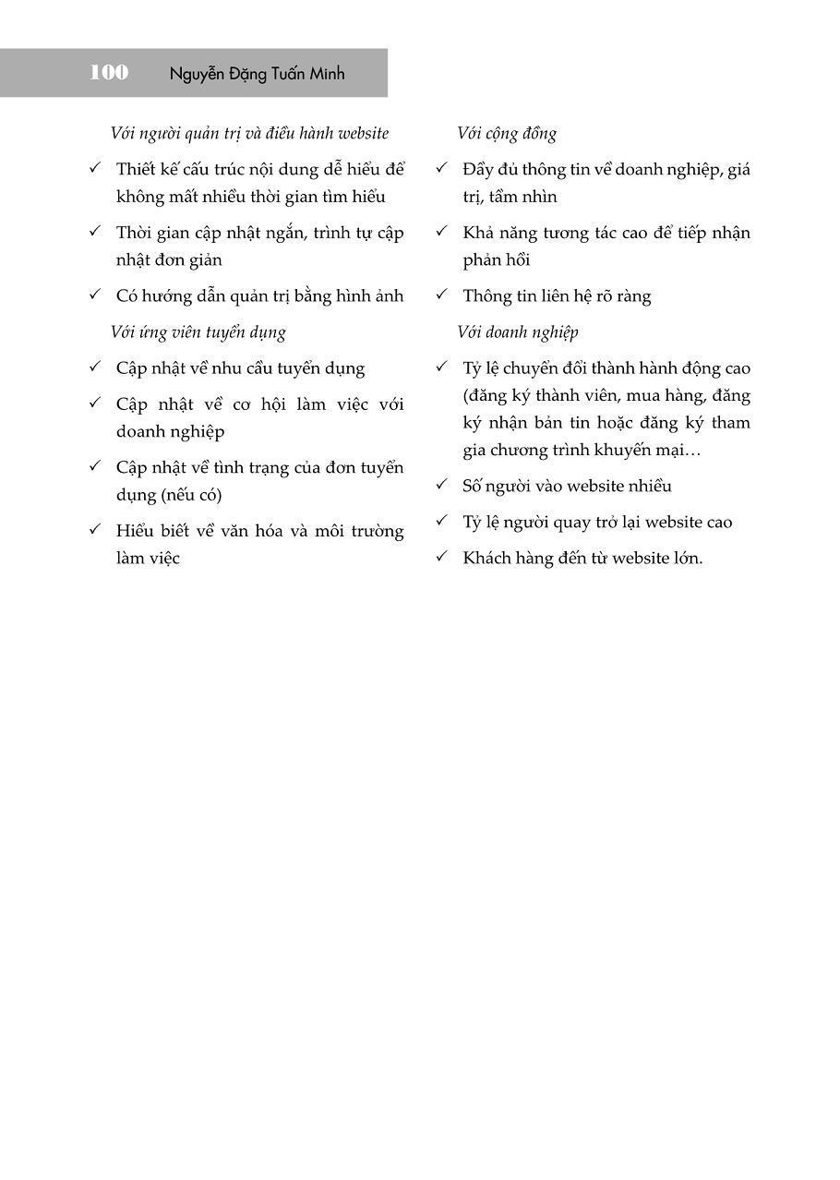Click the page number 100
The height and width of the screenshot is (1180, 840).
109,73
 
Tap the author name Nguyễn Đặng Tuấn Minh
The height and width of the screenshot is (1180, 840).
257,74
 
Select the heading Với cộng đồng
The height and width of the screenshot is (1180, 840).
507,134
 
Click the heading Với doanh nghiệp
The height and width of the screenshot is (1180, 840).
518,332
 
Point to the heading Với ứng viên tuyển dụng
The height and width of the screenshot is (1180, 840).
198,332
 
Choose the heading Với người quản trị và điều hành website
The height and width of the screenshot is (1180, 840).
249,134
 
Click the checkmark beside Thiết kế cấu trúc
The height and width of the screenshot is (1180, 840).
94,168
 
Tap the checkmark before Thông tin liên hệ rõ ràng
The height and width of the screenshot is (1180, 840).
441,295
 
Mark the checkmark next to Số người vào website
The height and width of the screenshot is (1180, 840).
441,485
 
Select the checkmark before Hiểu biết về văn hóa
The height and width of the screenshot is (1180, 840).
94,529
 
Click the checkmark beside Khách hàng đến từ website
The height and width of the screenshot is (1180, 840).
441,557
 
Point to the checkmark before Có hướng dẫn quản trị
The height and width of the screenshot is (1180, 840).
94,295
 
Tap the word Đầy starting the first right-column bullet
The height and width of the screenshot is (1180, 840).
480,170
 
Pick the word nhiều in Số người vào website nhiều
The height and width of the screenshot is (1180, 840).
645,487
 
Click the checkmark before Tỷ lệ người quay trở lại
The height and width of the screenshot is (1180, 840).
441,521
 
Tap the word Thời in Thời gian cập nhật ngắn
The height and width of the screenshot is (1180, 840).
135,233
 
